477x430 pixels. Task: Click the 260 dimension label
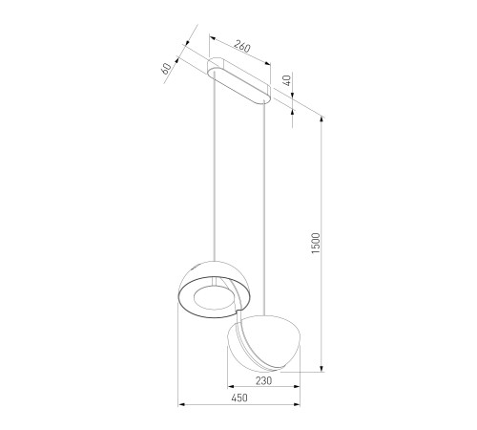pyautogui.click(x=242, y=46)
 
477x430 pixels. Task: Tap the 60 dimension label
pyautogui.click(x=166, y=69)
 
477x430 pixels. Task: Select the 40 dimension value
pyautogui.click(x=287, y=80)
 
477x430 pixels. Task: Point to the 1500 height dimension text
pyautogui.click(x=316, y=243)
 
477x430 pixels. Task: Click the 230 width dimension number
pyautogui.click(x=263, y=380)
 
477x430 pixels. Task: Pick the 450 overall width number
pyautogui.click(x=239, y=398)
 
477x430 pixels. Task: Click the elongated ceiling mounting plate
pyautogui.click(x=239, y=80)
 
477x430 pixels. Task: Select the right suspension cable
pyautogui.click(x=264, y=207)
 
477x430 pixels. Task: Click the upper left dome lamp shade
pyautogui.click(x=214, y=290)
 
